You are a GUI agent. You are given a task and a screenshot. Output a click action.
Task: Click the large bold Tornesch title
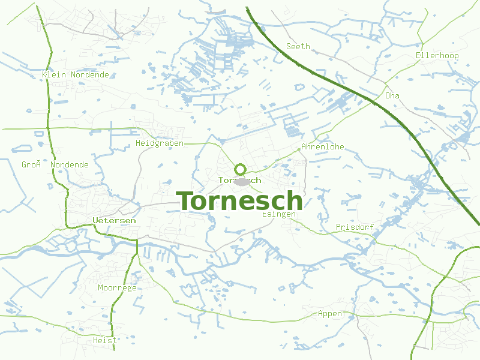[239, 201]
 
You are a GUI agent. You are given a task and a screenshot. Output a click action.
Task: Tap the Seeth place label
[298, 46]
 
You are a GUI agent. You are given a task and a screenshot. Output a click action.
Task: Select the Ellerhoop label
[437, 56]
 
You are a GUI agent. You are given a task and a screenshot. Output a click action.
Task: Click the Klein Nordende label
[76, 74]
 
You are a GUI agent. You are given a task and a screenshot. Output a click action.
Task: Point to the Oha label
[392, 95]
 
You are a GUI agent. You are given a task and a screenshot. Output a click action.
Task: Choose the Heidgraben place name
[160, 143]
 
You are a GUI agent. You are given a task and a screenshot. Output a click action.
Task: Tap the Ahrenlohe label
[323, 146]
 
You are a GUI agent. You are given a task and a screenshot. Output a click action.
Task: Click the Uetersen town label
[114, 220]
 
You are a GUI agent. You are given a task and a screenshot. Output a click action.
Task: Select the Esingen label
[279, 214]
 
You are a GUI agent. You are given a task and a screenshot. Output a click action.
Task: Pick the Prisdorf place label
[355, 227]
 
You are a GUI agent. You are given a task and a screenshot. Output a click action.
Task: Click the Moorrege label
[117, 287]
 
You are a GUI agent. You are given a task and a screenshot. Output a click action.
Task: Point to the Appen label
[330, 313]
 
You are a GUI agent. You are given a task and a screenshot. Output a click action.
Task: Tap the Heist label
[105, 340]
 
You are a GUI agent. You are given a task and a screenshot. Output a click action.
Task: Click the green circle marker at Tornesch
[240, 169]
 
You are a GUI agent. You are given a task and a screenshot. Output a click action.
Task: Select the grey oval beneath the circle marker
[242, 181]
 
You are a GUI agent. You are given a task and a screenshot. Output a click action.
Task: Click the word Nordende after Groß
[70, 164]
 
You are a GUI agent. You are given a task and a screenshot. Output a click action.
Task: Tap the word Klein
[54, 74]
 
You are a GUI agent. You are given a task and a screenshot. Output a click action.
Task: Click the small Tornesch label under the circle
[240, 180]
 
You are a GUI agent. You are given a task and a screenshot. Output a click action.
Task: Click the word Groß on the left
[31, 164]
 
